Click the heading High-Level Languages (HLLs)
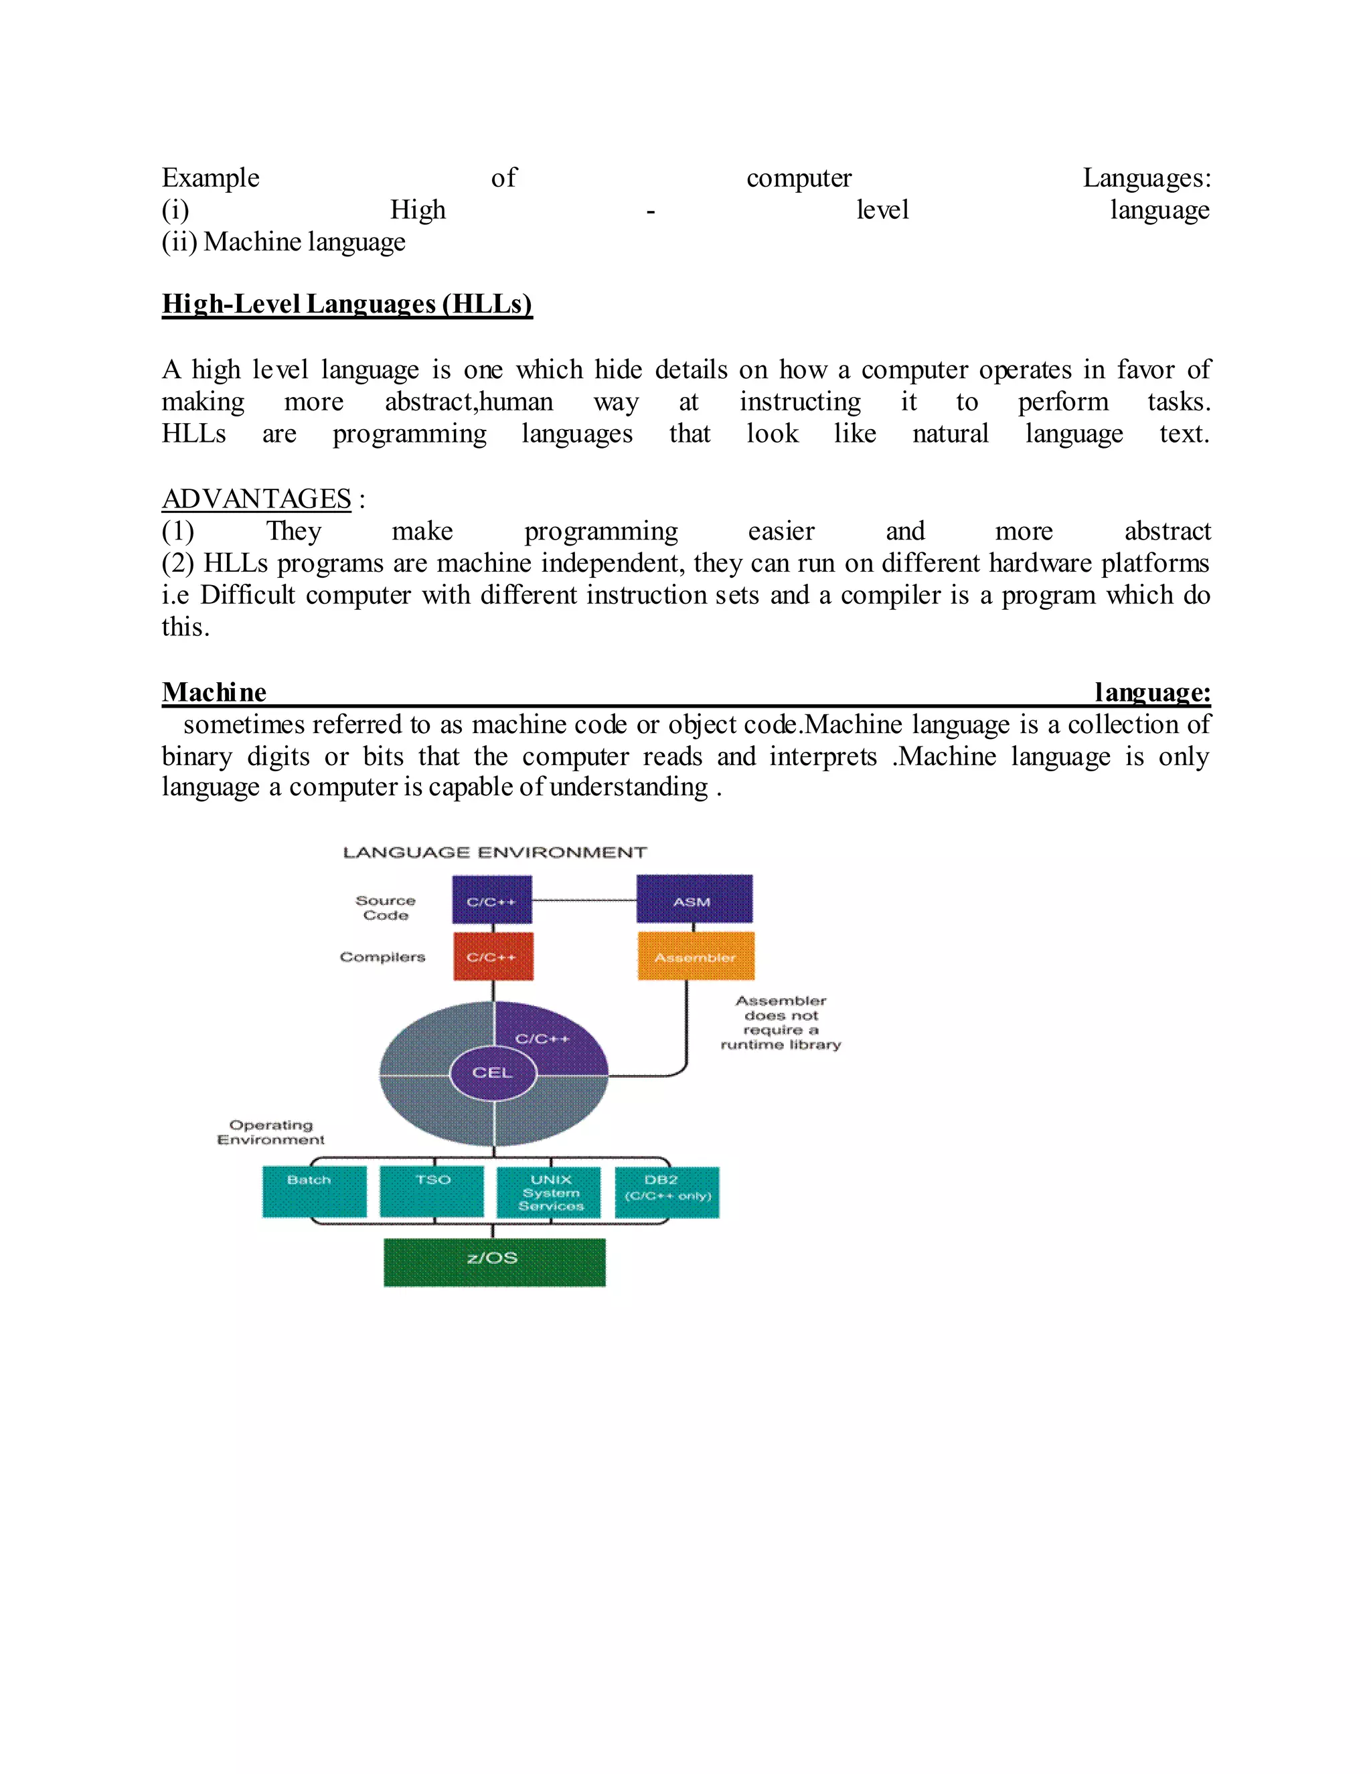pos(347,304)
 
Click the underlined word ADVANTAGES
pos(256,498)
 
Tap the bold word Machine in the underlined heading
pos(214,692)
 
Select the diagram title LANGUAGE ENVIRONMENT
pos(495,852)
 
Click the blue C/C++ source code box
pos(491,899)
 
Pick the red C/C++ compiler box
pos(492,956)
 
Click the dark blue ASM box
pos(694,899)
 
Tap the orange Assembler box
pos(696,956)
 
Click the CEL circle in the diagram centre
pos(492,1072)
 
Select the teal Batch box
pos(313,1192)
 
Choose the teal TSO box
pos(431,1192)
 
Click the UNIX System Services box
pos(549,1192)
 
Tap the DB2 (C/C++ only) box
pos(667,1192)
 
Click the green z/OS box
pos(494,1261)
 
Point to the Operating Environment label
pos(270,1131)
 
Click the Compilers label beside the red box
pos(382,957)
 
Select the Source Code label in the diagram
pos(385,907)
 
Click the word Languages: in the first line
pos(1146,178)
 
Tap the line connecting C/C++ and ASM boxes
pos(584,900)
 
